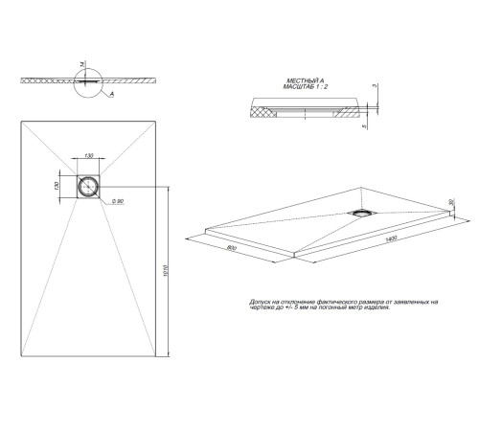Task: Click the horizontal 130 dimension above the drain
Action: pos(88,154)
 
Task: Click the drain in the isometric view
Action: pos(364,212)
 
